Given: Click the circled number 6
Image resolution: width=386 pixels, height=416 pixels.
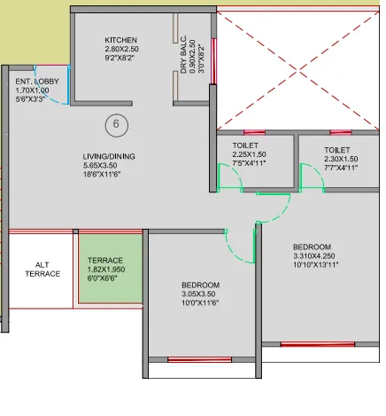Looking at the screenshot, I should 115,125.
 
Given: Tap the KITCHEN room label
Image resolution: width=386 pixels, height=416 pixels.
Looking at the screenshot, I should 120,41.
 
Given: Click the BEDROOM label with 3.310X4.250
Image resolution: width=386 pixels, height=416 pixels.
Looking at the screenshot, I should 313,247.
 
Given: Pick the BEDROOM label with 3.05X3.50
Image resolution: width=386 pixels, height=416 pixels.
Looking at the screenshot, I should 200,285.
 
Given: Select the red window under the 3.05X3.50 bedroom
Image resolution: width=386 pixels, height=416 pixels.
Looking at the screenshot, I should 199,359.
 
